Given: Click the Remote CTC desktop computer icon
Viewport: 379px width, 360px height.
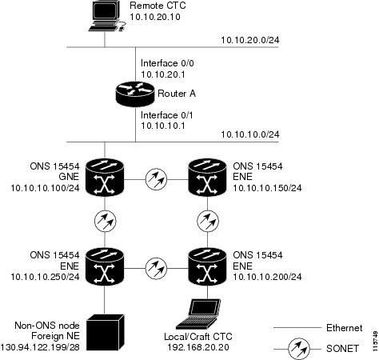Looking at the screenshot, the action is (106, 16).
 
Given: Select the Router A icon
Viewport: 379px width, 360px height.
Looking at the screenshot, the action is (135, 94).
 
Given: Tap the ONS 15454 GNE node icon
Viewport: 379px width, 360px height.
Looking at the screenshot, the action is (105, 178).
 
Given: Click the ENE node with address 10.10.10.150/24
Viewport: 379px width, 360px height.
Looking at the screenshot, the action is (207, 178).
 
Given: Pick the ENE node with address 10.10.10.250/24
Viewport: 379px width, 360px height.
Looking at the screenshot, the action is (105, 266).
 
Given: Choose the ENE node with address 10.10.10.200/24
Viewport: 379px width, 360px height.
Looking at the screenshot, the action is (207, 266).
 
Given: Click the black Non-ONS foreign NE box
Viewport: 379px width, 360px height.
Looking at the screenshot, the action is (106, 332).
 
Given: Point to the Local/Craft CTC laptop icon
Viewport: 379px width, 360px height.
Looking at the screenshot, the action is (198, 314).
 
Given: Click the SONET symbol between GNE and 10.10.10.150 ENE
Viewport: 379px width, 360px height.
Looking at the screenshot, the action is (156, 179).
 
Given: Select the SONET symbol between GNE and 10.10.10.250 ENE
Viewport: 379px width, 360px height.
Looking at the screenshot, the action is (105, 222).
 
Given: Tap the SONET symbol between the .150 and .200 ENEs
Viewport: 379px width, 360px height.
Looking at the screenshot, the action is (208, 222).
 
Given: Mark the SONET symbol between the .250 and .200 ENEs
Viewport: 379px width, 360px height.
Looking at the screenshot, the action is (156, 268).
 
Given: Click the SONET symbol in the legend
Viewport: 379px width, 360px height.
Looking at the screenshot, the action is (299, 349).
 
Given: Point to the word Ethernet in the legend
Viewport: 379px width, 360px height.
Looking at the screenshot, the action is (345, 328).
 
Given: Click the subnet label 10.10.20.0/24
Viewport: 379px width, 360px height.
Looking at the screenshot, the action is (250, 40).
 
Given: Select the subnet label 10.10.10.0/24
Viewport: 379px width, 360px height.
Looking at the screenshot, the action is (250, 134).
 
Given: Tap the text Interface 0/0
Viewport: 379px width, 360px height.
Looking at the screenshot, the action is (167, 63).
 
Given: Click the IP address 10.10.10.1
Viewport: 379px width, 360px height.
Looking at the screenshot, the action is (163, 126).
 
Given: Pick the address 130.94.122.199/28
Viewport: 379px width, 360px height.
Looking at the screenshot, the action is (40, 347).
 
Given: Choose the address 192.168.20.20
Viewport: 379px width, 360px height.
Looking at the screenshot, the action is (198, 347).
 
